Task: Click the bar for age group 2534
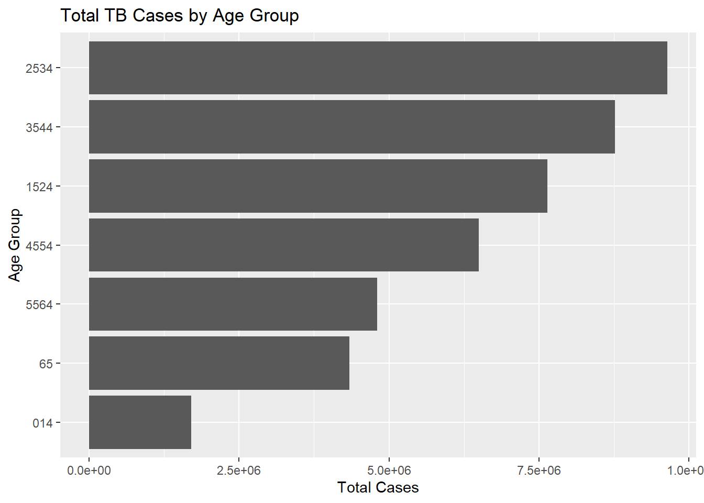(378, 68)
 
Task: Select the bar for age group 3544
(352, 127)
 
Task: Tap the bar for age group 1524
(318, 186)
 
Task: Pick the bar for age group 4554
(284, 245)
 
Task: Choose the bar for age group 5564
(233, 304)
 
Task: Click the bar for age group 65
(219, 363)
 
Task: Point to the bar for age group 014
(140, 422)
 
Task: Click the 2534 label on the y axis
(39, 68)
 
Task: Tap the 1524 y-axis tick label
(39, 187)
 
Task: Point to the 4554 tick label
(39, 246)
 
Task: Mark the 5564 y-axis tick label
(39, 305)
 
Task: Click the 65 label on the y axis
(46, 364)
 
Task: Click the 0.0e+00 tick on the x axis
(89, 471)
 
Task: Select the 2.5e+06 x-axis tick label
(239, 471)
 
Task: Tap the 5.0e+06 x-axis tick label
(389, 471)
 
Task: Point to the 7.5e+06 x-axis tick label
(539, 471)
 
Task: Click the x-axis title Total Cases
(378, 488)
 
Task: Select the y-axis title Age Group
(15, 245)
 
